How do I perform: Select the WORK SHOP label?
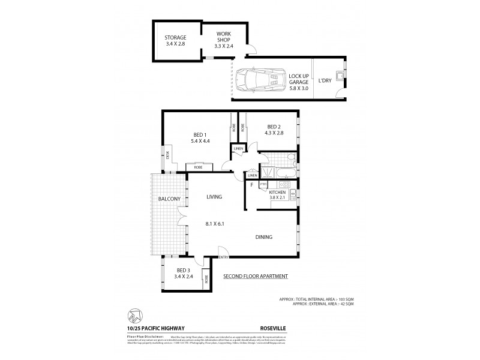(x=223, y=37)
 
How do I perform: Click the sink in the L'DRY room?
(x=340, y=77)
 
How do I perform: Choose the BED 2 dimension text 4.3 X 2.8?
(x=274, y=133)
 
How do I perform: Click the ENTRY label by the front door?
(x=224, y=257)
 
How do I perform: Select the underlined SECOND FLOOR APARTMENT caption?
(x=256, y=276)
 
